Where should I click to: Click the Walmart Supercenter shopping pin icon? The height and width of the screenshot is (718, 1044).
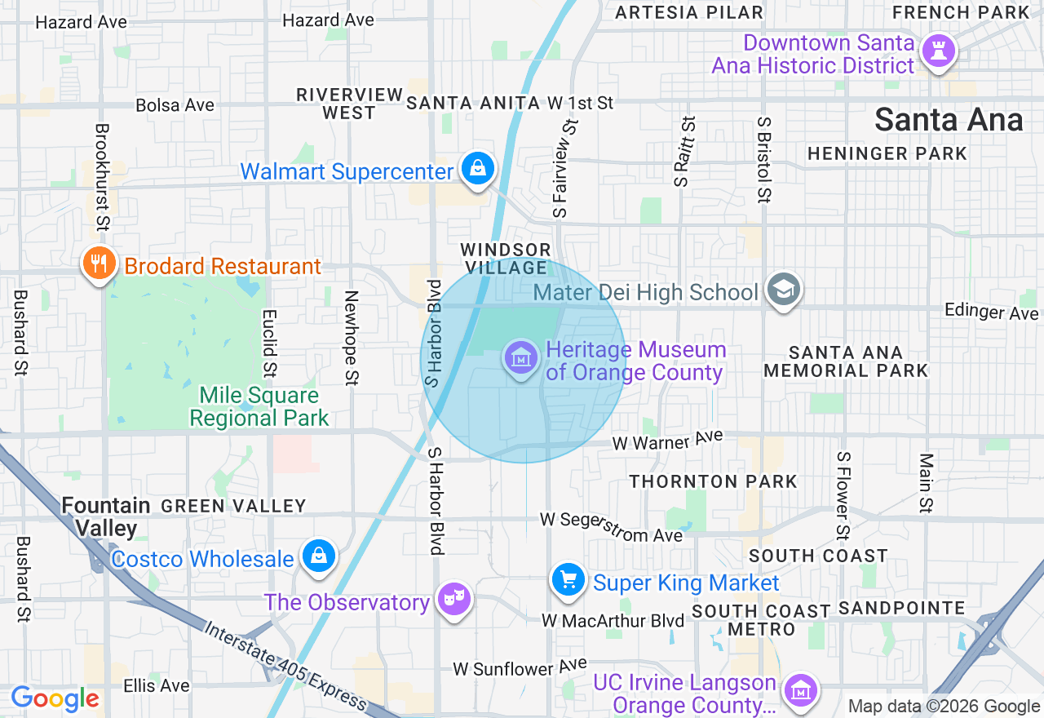click(x=478, y=169)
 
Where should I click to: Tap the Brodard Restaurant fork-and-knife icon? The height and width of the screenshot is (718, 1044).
click(x=99, y=263)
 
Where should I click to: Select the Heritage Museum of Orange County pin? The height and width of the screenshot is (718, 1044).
click(x=520, y=357)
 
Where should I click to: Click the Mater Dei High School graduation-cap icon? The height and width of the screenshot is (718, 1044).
click(x=784, y=290)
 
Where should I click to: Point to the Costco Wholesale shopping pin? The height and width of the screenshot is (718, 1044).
click(x=319, y=556)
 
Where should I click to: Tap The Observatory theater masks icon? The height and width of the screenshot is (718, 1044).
click(x=453, y=600)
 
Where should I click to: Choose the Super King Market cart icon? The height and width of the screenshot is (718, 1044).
click(x=568, y=580)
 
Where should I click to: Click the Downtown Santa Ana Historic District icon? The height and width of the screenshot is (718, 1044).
click(x=938, y=51)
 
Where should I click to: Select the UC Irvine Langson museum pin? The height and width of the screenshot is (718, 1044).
click(x=800, y=689)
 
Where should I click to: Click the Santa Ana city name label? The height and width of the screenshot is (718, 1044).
click(x=949, y=120)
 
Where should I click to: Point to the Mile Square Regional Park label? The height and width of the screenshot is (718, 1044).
click(x=259, y=407)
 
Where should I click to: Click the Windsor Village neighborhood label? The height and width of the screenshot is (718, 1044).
click(x=507, y=259)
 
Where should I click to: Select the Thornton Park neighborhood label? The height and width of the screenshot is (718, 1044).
click(x=713, y=481)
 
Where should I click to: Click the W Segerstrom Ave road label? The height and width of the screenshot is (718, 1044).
click(x=611, y=527)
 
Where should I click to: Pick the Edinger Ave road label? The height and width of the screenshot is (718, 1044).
click(x=991, y=311)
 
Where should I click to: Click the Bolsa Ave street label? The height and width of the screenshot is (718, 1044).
click(x=175, y=105)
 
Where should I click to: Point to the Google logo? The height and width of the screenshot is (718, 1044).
click(x=55, y=698)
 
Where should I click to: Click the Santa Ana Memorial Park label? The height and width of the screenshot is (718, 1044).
click(x=846, y=361)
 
